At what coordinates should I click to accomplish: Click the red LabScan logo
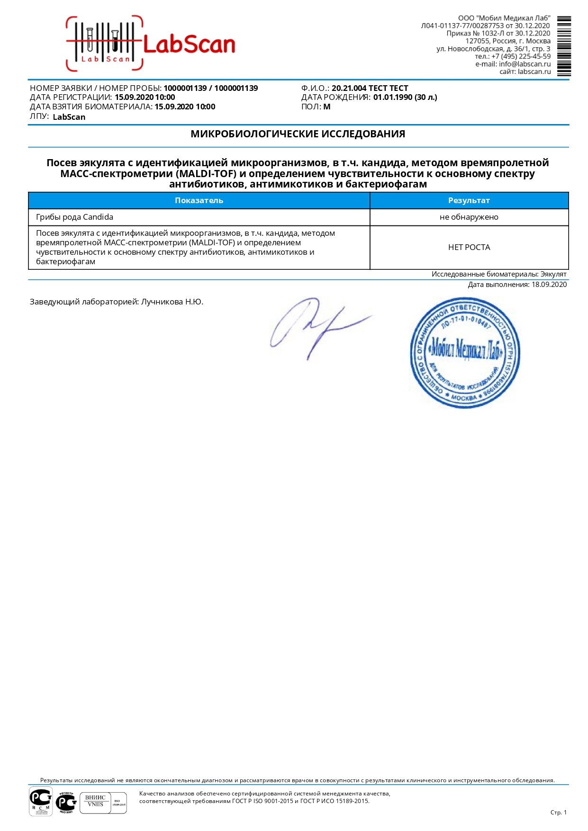pyautogui.click(x=151, y=44)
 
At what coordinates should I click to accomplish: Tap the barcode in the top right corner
pyautogui.click(x=564, y=46)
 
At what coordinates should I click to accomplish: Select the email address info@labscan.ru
pyautogui.click(x=525, y=64)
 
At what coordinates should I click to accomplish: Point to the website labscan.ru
pyautogui.click(x=534, y=71)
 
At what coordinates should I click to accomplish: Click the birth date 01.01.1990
pyautogui.click(x=392, y=98)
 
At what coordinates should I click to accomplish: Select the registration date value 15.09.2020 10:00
pyautogui.click(x=145, y=98)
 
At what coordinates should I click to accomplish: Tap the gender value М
pyautogui.click(x=327, y=107)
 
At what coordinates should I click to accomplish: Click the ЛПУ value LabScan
pyautogui.click(x=69, y=117)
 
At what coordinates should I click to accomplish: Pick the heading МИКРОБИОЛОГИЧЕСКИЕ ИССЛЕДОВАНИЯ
pyautogui.click(x=298, y=134)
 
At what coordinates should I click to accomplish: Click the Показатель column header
pyautogui.click(x=199, y=200)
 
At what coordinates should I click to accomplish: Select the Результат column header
pyautogui.click(x=469, y=200)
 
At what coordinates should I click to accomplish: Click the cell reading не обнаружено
pyautogui.click(x=469, y=217)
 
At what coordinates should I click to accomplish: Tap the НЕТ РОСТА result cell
pyautogui.click(x=469, y=247)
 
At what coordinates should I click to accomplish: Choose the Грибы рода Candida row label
pyautogui.click(x=75, y=217)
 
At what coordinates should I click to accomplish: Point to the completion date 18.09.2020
pyautogui.click(x=549, y=285)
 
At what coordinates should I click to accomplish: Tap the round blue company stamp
pyautogui.click(x=464, y=353)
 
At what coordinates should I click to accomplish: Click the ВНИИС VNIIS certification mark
pyautogui.click(x=95, y=801)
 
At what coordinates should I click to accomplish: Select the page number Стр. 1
pyautogui.click(x=558, y=813)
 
